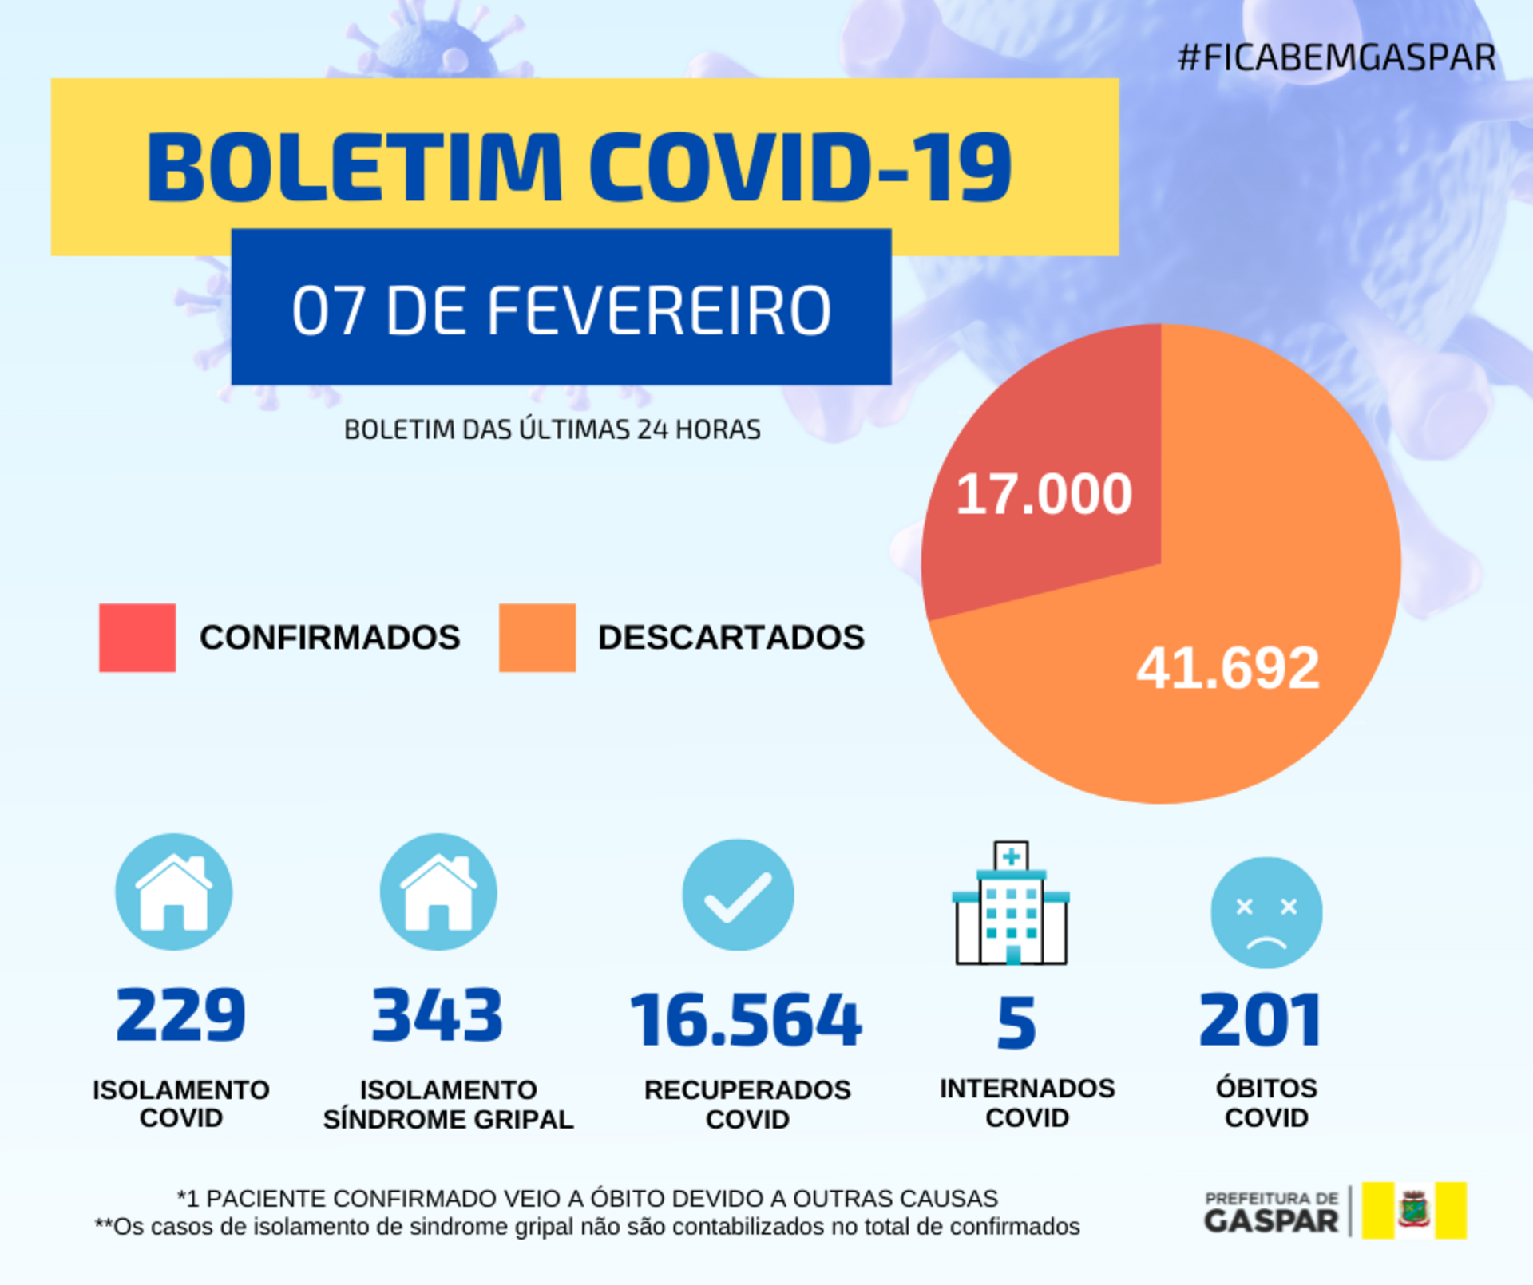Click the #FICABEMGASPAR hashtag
point(1337,57)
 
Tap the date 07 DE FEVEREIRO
point(561,310)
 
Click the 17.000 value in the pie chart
point(1044,494)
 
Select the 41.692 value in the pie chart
point(1228,667)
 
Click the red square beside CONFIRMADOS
point(137,637)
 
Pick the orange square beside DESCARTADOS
point(537,637)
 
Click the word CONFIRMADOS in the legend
point(330,637)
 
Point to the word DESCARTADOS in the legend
point(731,637)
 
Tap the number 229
point(180,1014)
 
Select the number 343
point(438,1014)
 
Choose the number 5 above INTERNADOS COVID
point(1016,1022)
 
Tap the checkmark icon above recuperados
point(738,895)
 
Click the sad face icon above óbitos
point(1266,912)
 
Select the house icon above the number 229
point(174,892)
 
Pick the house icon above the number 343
point(438,892)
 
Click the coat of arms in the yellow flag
point(1414,1210)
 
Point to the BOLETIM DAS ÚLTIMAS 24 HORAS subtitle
point(552,429)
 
